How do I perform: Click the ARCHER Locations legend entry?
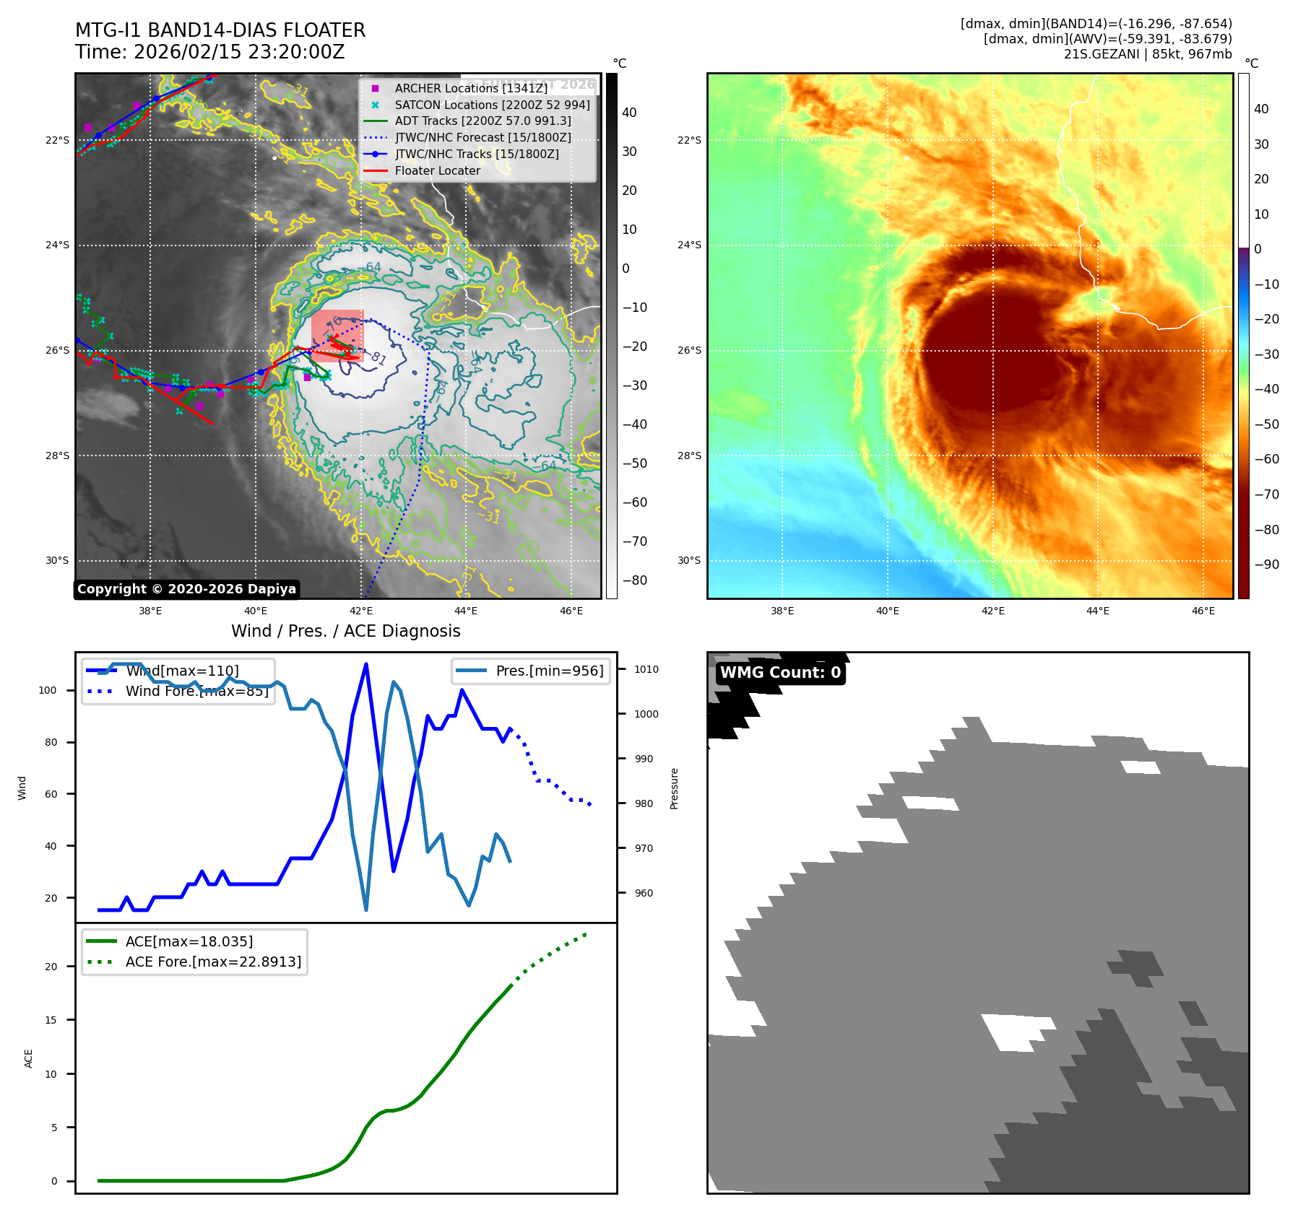point(471,88)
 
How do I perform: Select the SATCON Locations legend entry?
point(492,105)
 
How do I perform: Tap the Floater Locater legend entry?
point(437,170)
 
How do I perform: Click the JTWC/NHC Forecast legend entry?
point(483,137)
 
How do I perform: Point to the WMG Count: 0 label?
point(780,673)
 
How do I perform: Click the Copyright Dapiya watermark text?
point(186,589)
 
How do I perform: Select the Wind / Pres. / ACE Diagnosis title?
point(345,631)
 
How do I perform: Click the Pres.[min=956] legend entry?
point(549,671)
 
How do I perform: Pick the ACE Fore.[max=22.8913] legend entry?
point(213,962)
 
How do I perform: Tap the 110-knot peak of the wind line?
point(366,664)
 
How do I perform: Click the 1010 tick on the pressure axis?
point(646,669)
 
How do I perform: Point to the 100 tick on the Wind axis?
point(48,690)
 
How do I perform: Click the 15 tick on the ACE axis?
point(51,1020)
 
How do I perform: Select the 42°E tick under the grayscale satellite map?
point(361,611)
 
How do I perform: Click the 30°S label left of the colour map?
point(689,560)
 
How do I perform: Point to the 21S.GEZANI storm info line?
point(1147,54)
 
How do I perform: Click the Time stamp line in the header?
point(209,52)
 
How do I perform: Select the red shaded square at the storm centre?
point(337,335)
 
